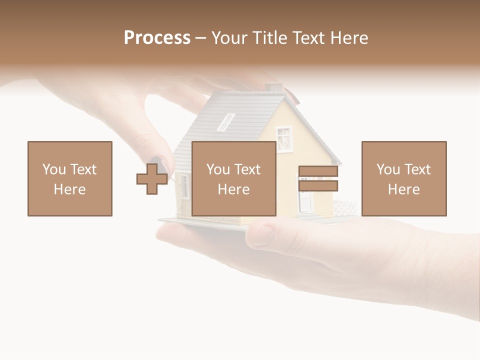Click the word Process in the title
[x=157, y=38]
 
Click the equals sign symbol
[x=318, y=178]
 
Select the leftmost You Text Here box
[x=70, y=178]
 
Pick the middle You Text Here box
[x=233, y=178]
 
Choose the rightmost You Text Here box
[x=404, y=178]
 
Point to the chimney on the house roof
[x=273, y=88]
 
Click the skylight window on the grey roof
[x=226, y=122]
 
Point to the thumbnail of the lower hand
[x=262, y=234]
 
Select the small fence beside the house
[x=345, y=207]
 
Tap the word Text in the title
[x=306, y=38]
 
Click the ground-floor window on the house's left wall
[x=185, y=186]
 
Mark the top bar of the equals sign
[x=318, y=171]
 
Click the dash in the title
[x=200, y=38]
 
